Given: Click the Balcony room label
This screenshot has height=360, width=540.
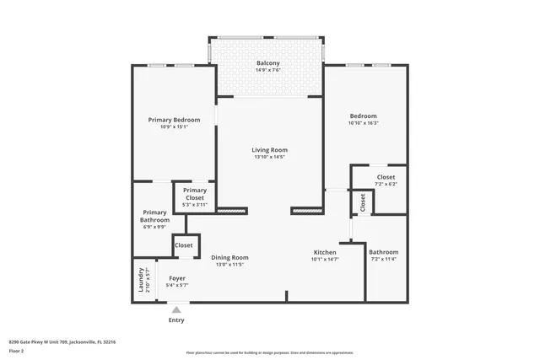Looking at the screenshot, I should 268,63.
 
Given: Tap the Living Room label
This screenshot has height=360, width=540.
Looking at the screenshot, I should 269,150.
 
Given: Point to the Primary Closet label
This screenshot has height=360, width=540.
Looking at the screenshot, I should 195,194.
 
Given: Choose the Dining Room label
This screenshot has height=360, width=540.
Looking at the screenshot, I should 229,257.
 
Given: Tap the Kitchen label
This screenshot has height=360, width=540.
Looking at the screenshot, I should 325,252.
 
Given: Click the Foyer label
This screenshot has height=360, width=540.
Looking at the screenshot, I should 177,277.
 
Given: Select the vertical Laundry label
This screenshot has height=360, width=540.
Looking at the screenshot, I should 140,280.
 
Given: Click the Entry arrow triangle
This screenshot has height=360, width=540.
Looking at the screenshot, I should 176,309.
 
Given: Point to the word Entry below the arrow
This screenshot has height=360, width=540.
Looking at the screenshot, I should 176,320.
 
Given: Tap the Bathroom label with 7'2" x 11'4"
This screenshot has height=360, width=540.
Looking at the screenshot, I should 383,251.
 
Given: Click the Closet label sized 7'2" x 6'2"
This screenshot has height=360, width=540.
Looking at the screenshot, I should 386,177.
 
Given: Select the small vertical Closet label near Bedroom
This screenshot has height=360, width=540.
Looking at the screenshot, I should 363,202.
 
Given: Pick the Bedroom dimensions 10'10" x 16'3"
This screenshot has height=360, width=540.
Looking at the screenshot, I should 363,123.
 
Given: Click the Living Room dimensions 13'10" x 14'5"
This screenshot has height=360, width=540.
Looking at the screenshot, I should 269,157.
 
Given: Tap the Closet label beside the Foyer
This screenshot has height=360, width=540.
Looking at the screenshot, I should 183,244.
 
